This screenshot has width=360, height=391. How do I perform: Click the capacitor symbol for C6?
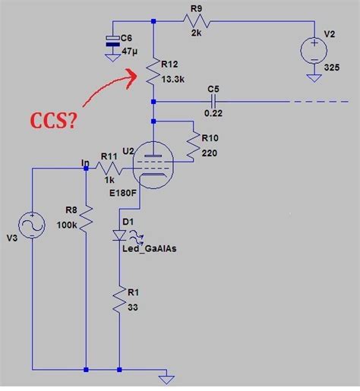[x=113, y=43]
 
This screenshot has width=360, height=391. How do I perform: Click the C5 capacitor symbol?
[x=213, y=100]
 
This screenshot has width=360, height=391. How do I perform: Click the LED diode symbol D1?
[x=120, y=235]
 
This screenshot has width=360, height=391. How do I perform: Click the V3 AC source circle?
[x=32, y=228]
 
